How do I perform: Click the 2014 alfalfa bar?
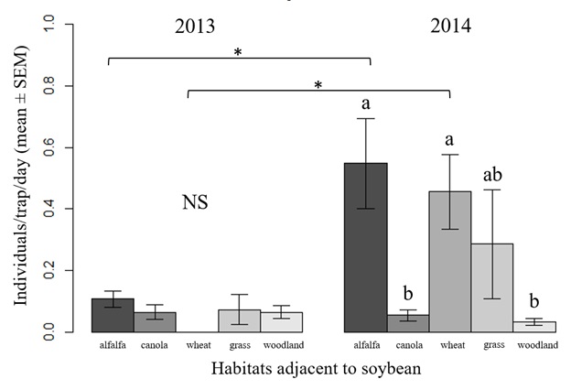point(365,247)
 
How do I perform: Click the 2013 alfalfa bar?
point(113,315)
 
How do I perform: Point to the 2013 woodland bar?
point(282,321)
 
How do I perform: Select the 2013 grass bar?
point(240,320)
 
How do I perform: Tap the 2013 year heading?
point(196,26)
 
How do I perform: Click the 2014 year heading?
point(451,26)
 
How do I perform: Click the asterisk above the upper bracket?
point(238,53)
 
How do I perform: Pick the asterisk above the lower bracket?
point(318,85)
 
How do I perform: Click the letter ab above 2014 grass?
point(492,174)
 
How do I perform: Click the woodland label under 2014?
point(535,346)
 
